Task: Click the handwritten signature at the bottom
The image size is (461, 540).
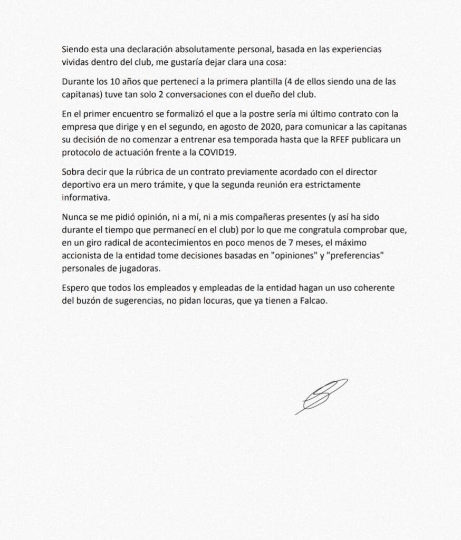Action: [x=321, y=396]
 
